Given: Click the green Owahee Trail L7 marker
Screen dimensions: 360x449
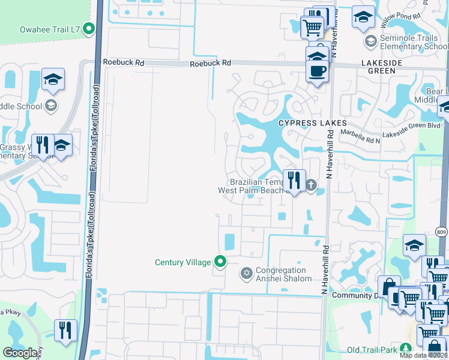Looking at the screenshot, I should [x=89, y=28].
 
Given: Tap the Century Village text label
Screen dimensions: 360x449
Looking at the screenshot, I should [x=182, y=262].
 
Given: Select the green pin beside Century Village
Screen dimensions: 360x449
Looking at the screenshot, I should [x=221, y=262].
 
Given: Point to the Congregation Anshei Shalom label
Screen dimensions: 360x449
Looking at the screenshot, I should [x=284, y=274].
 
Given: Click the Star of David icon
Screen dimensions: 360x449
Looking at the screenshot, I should [x=246, y=274].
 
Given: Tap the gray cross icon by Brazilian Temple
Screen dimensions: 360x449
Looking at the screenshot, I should [x=310, y=185].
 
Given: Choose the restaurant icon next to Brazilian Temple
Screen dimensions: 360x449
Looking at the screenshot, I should [x=294, y=180].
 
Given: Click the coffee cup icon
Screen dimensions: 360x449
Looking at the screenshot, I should [x=317, y=71].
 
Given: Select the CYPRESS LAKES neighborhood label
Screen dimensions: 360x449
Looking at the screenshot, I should [x=305, y=123].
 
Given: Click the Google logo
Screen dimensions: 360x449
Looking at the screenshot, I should [x=20, y=353].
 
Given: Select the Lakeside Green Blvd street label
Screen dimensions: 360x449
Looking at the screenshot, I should [x=414, y=126].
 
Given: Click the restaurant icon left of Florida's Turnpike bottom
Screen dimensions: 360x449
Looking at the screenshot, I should [x=65, y=329].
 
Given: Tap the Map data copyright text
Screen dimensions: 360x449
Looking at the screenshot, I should [x=423, y=355].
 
